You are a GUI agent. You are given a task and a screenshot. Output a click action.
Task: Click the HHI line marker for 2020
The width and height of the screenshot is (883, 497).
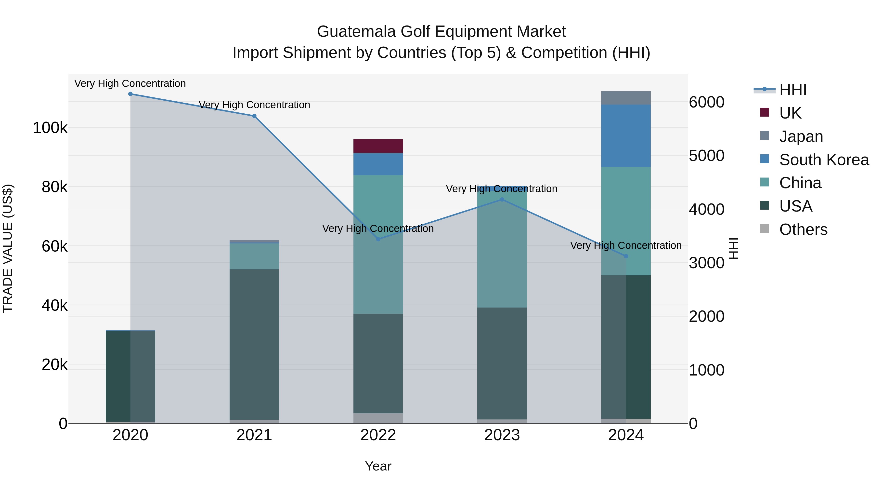[x=130, y=94]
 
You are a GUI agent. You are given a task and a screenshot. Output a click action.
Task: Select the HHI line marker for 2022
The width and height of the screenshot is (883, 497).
[x=378, y=239]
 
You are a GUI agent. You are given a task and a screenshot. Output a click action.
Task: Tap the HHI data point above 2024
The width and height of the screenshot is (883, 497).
[x=626, y=256]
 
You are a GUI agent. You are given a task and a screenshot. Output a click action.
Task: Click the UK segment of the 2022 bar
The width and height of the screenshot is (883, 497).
[x=378, y=146]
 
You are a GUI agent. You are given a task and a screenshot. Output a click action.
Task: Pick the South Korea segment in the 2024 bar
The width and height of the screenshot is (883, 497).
[x=626, y=136]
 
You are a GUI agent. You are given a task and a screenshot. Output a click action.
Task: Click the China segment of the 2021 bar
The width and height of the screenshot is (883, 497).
[x=254, y=256]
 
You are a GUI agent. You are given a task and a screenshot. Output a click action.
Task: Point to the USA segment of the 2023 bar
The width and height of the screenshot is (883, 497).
[x=502, y=363]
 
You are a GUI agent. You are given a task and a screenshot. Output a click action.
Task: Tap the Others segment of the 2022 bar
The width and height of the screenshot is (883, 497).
[x=378, y=418]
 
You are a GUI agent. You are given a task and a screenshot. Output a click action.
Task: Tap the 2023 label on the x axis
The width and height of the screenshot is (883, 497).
[x=502, y=435]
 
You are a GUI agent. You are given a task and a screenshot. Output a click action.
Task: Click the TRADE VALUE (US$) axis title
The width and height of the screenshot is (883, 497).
[x=8, y=248]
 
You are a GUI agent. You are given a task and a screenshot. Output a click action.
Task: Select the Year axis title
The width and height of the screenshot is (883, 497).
[x=378, y=466]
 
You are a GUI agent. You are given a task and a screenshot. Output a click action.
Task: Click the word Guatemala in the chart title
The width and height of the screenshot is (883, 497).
[x=356, y=32]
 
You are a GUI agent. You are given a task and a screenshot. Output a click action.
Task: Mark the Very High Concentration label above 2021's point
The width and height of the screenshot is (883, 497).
[x=254, y=105]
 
